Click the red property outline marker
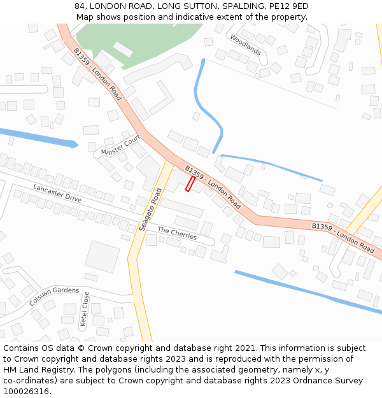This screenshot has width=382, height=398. coord(190,183)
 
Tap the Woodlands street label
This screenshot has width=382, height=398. coord(245,44)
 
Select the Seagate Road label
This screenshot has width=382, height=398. coord(150,209)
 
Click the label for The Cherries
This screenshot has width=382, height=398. coord(177,234)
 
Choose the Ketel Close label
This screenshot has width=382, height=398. coord(85,309)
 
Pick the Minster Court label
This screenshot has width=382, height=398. coord(120,146)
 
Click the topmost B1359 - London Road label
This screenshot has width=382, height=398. coord(97,74)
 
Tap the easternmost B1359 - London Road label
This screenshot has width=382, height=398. coord(343,236)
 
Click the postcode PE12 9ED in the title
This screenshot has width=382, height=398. coord(288,6)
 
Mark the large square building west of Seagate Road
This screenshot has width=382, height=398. coord(102,256)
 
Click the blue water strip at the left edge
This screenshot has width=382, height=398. coord(35,137)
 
